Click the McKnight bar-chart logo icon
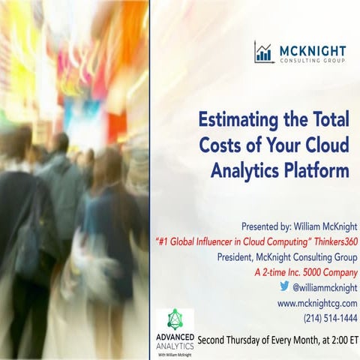pyautogui.click(x=263, y=52)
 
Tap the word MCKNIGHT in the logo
pyautogui.click(x=313, y=49)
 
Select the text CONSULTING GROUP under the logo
pyautogui.click(x=313, y=61)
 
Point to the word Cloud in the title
pyautogui.click(x=323, y=145)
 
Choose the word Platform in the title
pyautogui.click(x=317, y=171)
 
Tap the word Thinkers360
pyautogui.click(x=331, y=241)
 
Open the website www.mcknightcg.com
pyautogui.click(x=317, y=302)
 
